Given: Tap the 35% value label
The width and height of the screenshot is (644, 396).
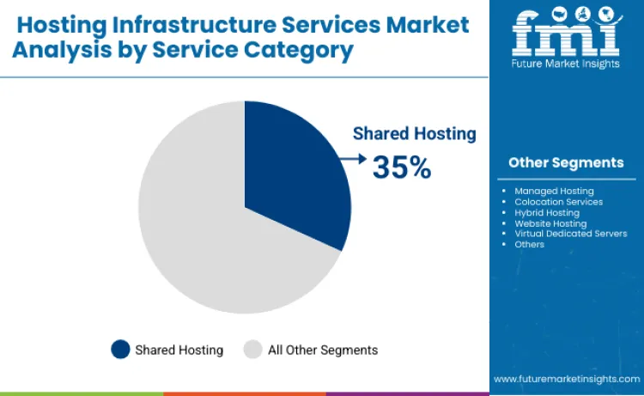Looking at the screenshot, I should (x=401, y=168).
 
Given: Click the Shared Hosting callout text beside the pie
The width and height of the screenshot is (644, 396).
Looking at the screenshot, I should (x=414, y=133).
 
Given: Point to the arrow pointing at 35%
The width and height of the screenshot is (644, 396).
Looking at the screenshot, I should (x=353, y=158).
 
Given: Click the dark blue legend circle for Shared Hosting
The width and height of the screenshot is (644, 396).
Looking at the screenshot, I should (x=121, y=350).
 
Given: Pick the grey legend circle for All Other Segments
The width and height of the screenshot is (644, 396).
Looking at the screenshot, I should (x=252, y=350).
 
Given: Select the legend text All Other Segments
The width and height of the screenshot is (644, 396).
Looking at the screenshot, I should (x=323, y=350).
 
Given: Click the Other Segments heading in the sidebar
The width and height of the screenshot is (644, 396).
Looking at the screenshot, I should (x=566, y=162).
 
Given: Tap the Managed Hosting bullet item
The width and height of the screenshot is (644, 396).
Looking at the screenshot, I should (x=554, y=191).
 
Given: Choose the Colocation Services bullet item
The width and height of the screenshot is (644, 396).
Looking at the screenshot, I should (x=558, y=202).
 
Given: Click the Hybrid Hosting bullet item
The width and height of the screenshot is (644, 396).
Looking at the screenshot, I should (x=547, y=212).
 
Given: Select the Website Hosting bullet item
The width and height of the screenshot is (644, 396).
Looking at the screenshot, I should (x=550, y=223).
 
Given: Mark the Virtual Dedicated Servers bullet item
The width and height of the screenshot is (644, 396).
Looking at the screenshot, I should (x=570, y=234).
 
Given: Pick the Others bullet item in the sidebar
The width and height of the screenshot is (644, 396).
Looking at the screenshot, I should (x=529, y=244).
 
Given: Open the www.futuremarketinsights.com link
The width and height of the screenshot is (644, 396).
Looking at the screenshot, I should (x=566, y=378).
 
